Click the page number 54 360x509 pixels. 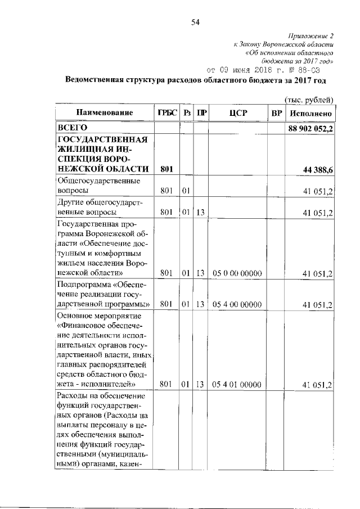pyautogui.click(x=196, y=22)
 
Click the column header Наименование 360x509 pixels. pyautogui.click(x=105, y=113)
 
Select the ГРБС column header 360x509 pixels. pyautogui.click(x=166, y=113)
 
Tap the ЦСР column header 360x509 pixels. pyautogui.click(x=236, y=113)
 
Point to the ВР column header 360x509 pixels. pyautogui.click(x=276, y=113)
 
